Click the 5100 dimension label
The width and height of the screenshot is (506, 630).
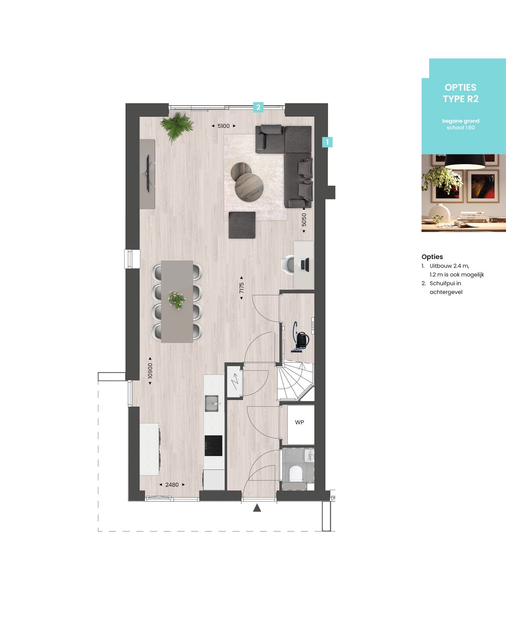224,126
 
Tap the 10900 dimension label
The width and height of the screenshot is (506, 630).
150,371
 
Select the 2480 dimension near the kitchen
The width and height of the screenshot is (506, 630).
172,485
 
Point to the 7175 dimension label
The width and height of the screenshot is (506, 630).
241,288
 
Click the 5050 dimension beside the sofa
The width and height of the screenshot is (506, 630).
304,220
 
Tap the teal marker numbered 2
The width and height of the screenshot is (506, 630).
258,107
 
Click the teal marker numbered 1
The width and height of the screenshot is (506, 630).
327,142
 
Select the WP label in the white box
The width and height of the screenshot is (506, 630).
299,422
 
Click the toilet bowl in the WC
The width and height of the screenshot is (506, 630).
296,473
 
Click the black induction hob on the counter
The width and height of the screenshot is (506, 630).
213,446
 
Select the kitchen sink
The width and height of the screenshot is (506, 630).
211,403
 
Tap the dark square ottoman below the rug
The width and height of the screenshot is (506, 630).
242,225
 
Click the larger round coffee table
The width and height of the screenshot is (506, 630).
249,187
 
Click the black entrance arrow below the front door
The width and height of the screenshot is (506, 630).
257,508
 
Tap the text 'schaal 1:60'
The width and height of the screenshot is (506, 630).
460,128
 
